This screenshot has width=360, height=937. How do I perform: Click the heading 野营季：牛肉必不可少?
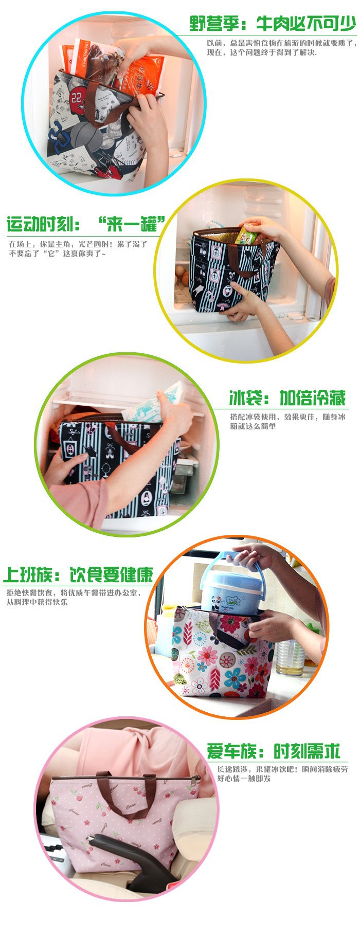[273, 23]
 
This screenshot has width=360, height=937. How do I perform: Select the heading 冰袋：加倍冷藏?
[287, 398]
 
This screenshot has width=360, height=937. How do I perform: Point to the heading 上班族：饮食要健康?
[78, 574]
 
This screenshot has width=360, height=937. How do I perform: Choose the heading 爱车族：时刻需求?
[274, 751]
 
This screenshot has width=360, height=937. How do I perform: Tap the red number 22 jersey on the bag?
[78, 96]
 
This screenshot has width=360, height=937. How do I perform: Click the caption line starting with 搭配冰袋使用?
[287, 417]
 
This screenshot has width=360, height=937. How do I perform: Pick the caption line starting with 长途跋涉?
[282, 769]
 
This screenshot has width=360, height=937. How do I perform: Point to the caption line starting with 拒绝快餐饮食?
[73, 592]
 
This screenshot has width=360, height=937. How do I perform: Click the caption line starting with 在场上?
[78, 244]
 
